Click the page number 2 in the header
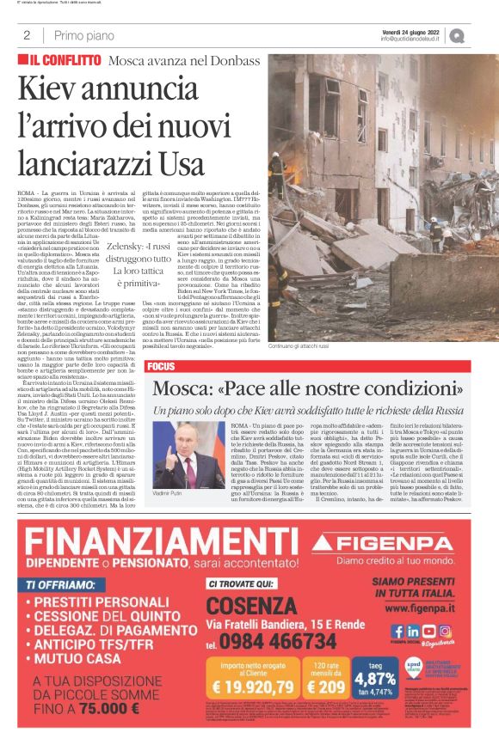coord(28,35)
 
